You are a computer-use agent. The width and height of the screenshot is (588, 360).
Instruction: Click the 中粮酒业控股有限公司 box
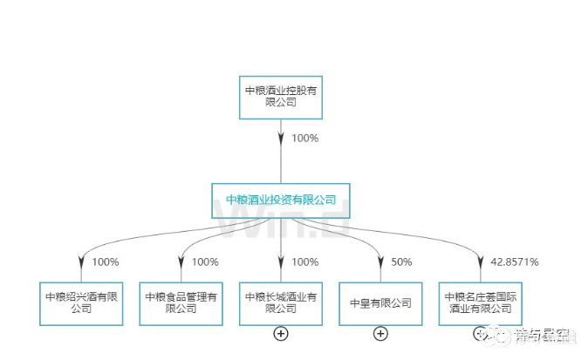click(x=281, y=96)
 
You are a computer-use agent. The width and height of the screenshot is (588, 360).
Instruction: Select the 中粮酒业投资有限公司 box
click(x=281, y=200)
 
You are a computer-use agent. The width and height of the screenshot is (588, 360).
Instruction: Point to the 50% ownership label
click(x=402, y=262)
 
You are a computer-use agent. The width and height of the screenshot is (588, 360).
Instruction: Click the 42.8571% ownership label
click(x=515, y=262)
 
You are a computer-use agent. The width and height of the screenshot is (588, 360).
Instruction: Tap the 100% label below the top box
click(x=305, y=138)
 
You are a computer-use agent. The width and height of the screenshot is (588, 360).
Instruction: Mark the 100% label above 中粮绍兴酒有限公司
click(x=106, y=262)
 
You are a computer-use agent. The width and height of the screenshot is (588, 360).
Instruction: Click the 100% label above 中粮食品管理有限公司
click(x=205, y=262)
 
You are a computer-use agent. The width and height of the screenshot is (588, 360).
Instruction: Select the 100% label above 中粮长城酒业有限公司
click(x=305, y=262)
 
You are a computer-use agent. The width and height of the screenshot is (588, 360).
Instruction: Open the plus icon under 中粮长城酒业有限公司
click(x=281, y=333)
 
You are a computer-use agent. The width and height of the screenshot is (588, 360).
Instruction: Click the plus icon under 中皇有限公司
click(x=380, y=333)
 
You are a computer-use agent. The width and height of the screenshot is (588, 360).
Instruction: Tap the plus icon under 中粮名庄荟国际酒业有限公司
click(x=479, y=333)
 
